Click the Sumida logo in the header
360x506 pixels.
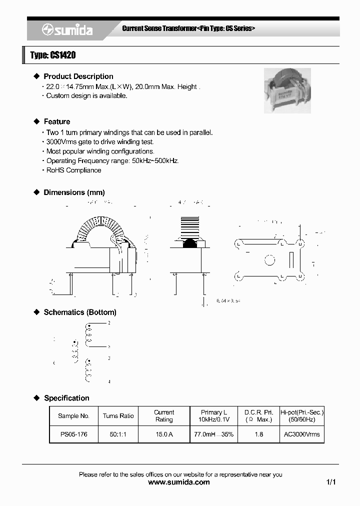coord(67,30)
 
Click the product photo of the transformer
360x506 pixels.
coord(287,90)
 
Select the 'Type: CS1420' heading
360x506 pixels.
coord(53,55)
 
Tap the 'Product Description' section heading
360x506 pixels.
coord(78,76)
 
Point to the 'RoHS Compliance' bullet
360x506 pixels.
coord(73,170)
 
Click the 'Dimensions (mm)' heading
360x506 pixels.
coord(74,192)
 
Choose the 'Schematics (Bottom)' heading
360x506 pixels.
coord(80,312)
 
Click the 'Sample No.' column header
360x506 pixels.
coord(73,416)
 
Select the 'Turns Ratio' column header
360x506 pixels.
coord(118,416)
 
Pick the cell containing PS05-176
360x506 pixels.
coord(73,434)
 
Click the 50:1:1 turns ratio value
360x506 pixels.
coord(118,434)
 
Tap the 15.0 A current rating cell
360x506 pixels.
coord(164,434)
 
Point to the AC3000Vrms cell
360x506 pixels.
coord(301,434)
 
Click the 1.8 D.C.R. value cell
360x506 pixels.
coord(258,434)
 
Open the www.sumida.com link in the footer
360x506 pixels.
coord(179,482)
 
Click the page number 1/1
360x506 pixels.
coord(331,482)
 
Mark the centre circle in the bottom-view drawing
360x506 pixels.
coord(269,260)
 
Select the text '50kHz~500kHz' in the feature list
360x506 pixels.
coord(155,161)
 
